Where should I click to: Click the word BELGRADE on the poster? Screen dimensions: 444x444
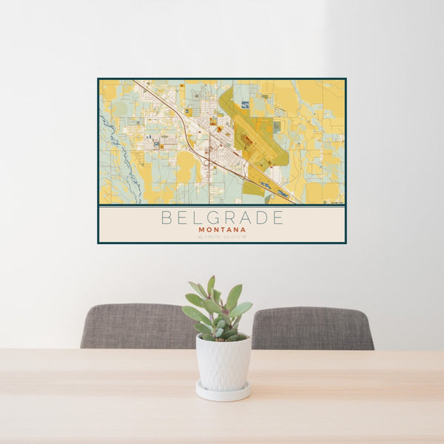tap(222, 218)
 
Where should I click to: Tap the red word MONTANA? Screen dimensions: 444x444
tap(222, 230)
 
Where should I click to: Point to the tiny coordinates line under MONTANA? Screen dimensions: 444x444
tap(222, 237)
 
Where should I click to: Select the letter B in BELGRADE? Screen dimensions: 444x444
tap(166, 218)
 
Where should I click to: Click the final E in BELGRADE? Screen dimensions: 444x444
tap(278, 218)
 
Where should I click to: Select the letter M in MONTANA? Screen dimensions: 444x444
tap(201, 230)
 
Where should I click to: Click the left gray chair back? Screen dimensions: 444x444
tap(137, 326)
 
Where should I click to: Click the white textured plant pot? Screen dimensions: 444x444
tap(223, 363)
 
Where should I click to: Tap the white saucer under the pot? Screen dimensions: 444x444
tap(223, 392)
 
